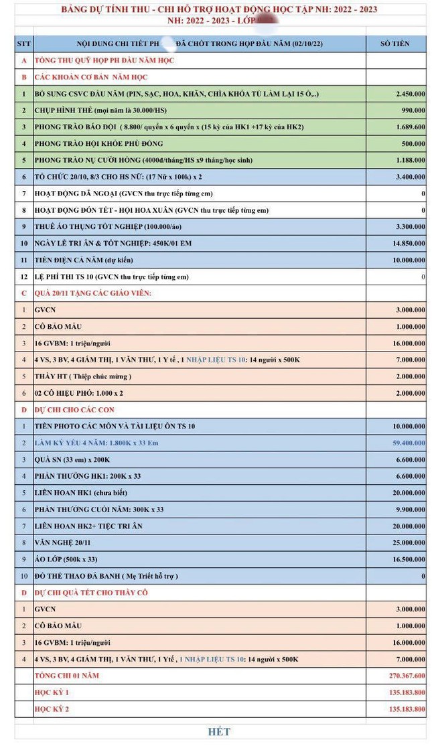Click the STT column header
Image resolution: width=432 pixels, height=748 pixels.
point(23,44)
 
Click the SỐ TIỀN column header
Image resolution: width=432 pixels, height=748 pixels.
point(394,44)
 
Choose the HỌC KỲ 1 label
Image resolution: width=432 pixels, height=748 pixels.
point(52,692)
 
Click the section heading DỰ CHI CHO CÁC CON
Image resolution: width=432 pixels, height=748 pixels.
point(80,409)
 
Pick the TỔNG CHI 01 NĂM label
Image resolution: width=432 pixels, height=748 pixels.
point(66,675)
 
